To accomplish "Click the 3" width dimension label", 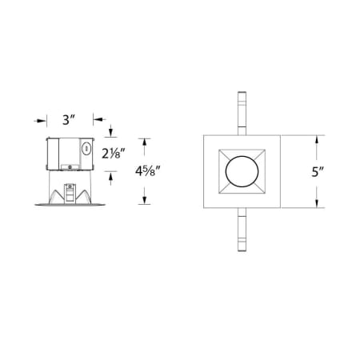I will (68, 121).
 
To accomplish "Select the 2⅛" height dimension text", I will (114, 152).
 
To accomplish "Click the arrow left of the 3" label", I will (39, 121).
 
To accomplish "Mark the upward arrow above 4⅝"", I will (145, 142).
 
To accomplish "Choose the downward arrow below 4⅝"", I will (145, 200).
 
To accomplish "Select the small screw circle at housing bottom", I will (70, 166).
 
